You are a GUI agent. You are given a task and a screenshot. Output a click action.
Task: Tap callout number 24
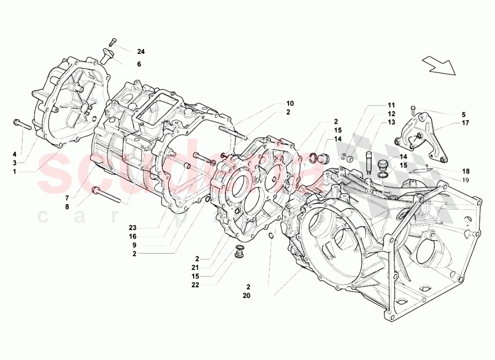(141, 51)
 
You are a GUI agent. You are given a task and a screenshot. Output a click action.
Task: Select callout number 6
(139, 64)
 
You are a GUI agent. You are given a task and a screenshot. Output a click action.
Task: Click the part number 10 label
(290, 103)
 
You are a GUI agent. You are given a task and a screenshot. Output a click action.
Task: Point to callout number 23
(133, 228)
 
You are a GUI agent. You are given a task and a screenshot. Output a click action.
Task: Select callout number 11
(391, 105)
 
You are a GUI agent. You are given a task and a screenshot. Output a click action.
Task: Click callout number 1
(15, 171)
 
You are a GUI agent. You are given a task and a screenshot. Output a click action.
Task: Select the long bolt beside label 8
(107, 194)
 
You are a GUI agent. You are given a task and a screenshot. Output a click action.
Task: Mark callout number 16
(133, 237)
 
